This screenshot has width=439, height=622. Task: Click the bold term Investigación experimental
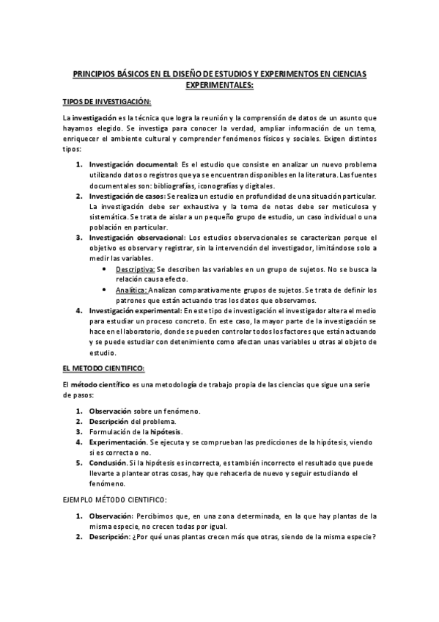(136, 311)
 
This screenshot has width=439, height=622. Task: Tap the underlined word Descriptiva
(136, 270)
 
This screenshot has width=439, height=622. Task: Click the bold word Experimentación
(118, 442)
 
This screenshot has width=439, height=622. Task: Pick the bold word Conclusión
(111, 464)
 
